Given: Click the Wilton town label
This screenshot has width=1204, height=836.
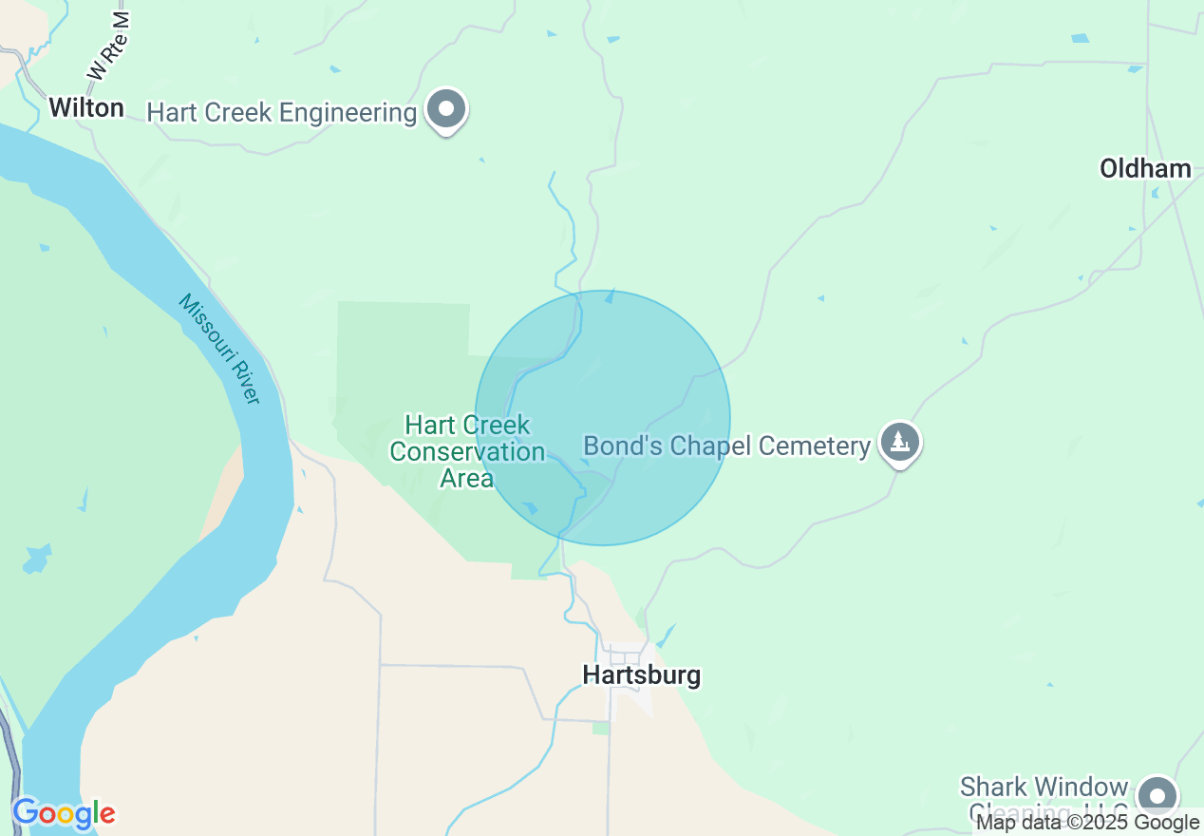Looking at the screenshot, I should point(86,107).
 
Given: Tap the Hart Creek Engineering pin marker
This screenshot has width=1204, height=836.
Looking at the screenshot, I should point(445,109).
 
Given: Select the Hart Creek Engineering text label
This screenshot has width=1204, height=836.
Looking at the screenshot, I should point(282,113).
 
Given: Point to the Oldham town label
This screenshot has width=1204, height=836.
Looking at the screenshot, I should point(1145,168).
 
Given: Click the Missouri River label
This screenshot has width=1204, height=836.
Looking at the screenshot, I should point(219,349).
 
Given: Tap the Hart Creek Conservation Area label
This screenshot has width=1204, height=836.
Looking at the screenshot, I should point(467,451).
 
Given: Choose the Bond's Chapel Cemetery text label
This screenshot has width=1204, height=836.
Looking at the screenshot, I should point(726,446).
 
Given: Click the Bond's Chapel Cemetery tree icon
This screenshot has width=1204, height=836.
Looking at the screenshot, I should point(899,442).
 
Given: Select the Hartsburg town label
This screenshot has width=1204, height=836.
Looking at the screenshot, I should point(642,675).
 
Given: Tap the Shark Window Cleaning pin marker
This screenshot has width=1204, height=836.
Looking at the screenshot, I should point(1157,794).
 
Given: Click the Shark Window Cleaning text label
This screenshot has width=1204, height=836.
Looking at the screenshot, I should point(1044,799).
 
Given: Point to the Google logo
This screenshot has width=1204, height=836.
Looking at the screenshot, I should point(64,813).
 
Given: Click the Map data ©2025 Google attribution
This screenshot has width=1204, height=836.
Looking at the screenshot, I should point(1088,823).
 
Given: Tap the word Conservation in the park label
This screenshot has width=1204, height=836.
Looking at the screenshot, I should point(467,451).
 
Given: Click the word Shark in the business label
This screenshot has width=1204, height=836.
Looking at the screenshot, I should point(995,788).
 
